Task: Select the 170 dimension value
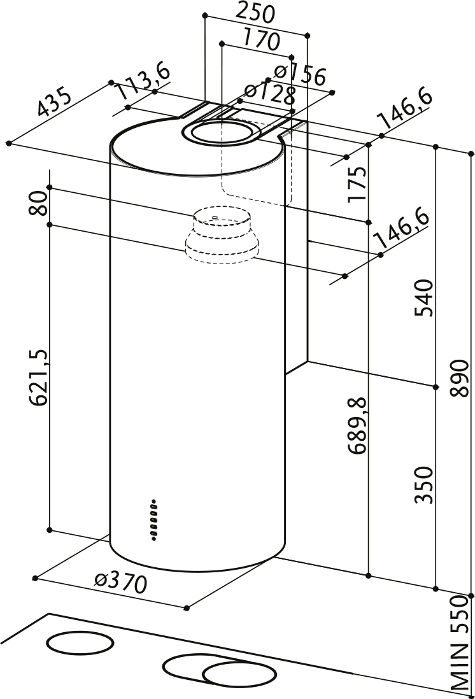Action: click(x=261, y=40)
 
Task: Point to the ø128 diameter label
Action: click(x=271, y=95)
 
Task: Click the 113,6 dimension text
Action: click(x=143, y=81)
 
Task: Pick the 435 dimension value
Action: click(x=55, y=101)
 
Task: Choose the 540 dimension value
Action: click(x=424, y=297)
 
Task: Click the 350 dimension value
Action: click(x=424, y=485)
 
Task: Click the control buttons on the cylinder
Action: click(x=155, y=519)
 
